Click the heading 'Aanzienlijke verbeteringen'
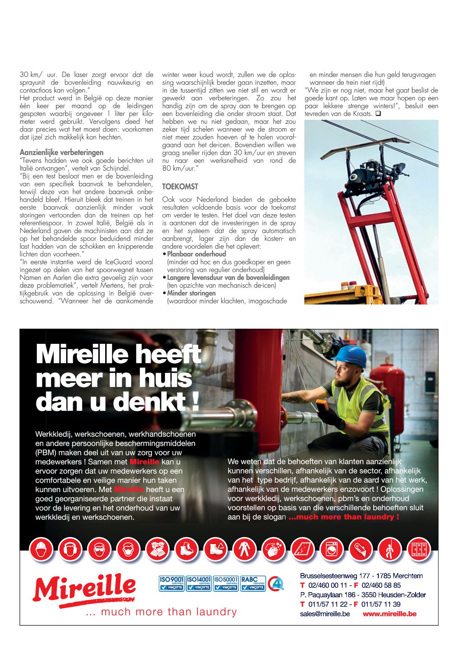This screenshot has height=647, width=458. [x=61, y=152]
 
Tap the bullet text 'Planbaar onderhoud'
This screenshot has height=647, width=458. [x=197, y=254]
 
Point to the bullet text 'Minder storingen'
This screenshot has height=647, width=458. [x=191, y=293]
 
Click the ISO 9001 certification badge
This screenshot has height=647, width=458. [x=172, y=583]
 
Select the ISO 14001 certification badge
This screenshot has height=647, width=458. [x=199, y=583]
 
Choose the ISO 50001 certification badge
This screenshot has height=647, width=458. [x=226, y=583]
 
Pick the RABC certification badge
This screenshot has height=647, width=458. [x=253, y=583]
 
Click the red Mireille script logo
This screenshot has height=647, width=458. [x=85, y=589]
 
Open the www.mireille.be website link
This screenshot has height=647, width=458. [x=389, y=614]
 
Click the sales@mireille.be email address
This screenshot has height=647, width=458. [x=325, y=614]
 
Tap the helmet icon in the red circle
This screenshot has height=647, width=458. [x=41, y=550]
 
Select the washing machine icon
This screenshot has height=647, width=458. [x=332, y=550]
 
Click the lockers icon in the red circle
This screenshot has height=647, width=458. [x=419, y=550]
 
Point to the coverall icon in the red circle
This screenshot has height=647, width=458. [x=245, y=550]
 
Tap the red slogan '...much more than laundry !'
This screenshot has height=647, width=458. [x=344, y=517]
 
